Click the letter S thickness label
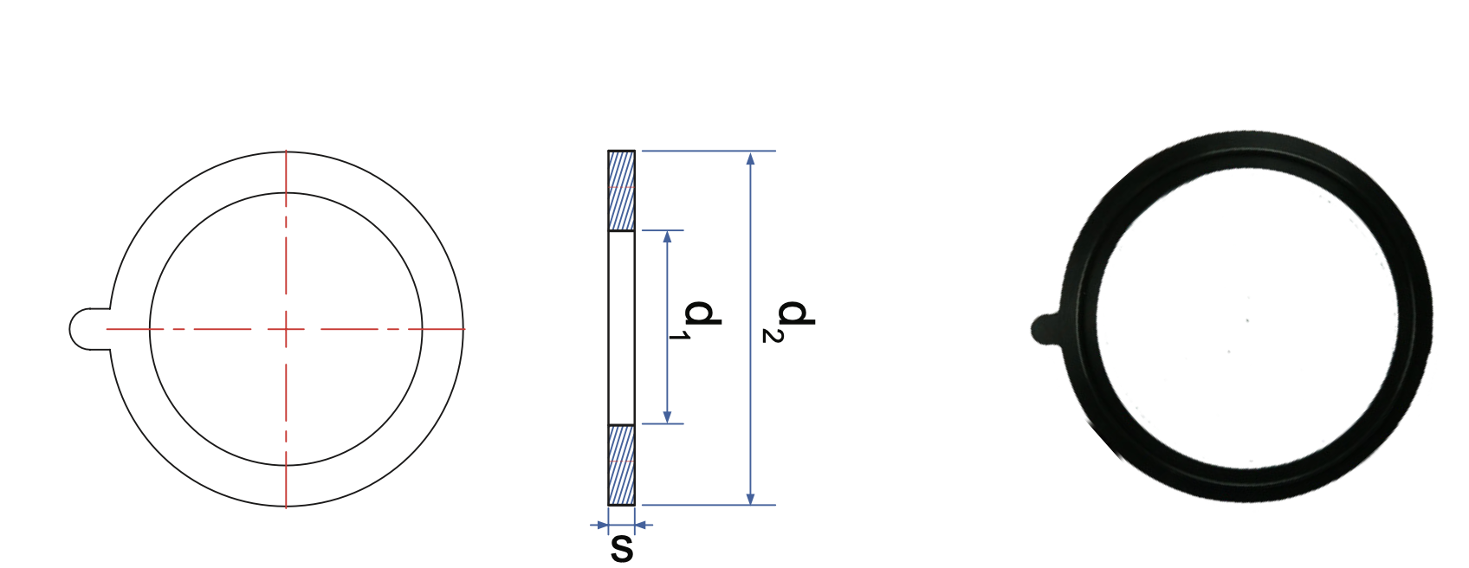(622, 549)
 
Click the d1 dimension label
(695, 320)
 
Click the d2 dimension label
(788, 321)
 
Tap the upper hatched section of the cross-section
(621, 190)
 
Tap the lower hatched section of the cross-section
(621, 465)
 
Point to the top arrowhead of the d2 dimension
(751, 158)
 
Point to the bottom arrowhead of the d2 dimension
(751, 498)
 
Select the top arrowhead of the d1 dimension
(667, 236)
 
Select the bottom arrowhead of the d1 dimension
(667, 416)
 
